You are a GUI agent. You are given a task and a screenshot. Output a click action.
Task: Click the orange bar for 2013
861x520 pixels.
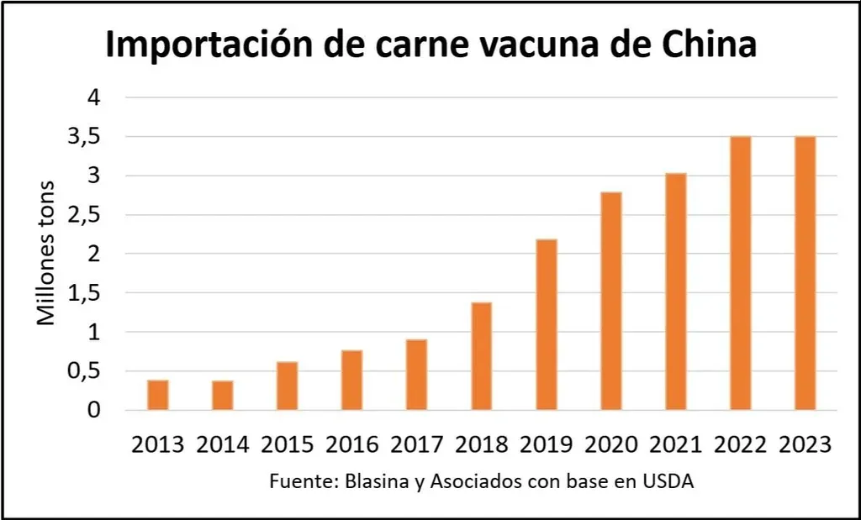[x=158, y=395]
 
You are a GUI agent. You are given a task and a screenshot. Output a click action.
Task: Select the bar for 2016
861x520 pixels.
[x=351, y=380]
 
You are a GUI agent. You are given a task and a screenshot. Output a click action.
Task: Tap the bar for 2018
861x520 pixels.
[x=481, y=355]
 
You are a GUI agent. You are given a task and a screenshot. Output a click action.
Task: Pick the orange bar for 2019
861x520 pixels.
[x=546, y=324]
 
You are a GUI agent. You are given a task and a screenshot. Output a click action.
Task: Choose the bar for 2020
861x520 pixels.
[x=610, y=301]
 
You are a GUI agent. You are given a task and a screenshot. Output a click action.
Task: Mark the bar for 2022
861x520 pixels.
[x=740, y=273]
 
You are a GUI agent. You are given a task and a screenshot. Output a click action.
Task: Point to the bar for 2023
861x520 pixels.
[x=805, y=273]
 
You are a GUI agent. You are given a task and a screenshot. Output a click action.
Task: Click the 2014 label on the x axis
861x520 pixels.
[x=223, y=444]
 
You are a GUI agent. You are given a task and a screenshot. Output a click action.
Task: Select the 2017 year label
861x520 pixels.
[x=416, y=444]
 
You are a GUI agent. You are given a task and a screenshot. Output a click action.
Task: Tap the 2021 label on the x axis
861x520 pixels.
[x=675, y=444]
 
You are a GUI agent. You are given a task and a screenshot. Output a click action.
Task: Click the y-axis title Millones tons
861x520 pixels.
[x=47, y=253]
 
